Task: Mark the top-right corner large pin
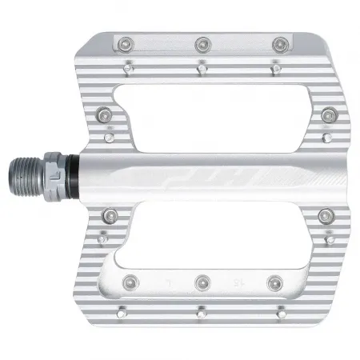coord(279,42)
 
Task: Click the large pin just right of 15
coord(277,281)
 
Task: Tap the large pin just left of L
coord(129,281)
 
